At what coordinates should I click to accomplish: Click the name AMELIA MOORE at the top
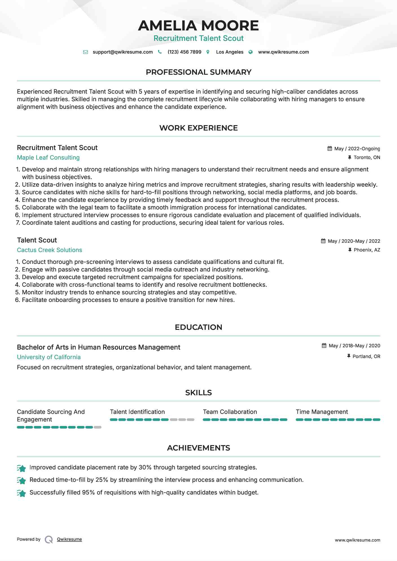[x=198, y=26]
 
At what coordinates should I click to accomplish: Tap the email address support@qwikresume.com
[x=122, y=52]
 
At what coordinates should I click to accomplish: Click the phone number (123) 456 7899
[x=184, y=52]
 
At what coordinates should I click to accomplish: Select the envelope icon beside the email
[x=85, y=52]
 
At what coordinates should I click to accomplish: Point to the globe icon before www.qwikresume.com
[x=251, y=52]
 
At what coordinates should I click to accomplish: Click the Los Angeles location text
[x=229, y=52]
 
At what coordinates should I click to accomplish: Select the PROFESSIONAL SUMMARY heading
[x=198, y=72]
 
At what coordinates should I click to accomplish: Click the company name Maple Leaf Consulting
[x=48, y=158]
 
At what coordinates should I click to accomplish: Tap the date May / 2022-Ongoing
[x=357, y=149]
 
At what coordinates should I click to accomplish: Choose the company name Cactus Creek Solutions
[x=49, y=250]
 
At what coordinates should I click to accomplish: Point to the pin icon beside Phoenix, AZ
[x=350, y=250]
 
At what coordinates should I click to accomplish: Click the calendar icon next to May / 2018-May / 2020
[x=324, y=346]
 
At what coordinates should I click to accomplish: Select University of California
[x=49, y=357]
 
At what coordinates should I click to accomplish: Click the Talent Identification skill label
[x=137, y=412]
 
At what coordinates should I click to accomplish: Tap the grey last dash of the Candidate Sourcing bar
[x=98, y=427]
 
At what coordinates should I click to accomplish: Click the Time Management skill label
[x=322, y=412]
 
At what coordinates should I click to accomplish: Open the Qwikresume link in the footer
[x=69, y=539]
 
